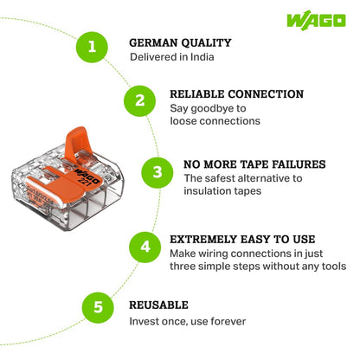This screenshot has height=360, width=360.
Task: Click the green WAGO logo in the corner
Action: (x=316, y=21)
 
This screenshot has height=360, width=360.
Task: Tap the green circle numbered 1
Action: (x=92, y=47)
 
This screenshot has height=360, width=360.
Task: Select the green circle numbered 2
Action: (x=140, y=101)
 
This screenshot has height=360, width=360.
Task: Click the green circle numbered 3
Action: (x=157, y=172)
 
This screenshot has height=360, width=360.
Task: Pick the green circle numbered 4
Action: (x=145, y=247)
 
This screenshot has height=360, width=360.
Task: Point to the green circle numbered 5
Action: (x=98, y=307)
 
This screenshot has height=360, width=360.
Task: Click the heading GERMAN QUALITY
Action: (x=180, y=43)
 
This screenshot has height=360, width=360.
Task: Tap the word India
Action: (x=202, y=57)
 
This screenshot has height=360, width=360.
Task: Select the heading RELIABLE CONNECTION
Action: (x=236, y=94)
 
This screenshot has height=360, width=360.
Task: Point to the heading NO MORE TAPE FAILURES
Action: (x=254, y=164)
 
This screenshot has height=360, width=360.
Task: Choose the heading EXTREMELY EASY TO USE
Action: (x=242, y=240)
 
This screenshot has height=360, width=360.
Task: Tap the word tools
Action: (x=334, y=266)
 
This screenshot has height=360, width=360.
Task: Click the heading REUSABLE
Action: (x=158, y=305)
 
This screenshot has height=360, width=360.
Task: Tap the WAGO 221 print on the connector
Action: (x=87, y=177)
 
